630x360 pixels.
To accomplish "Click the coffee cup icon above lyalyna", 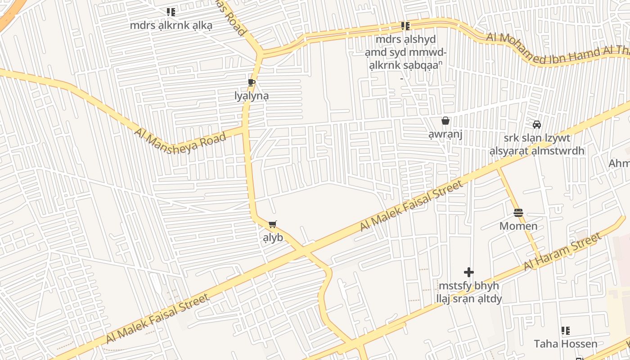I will pyautogui.click(x=251, y=82).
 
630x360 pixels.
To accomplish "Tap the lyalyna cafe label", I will pyautogui.click(x=252, y=96).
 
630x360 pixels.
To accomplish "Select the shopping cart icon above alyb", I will pyautogui.click(x=272, y=224).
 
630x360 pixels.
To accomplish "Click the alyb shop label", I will pyautogui.click(x=273, y=238).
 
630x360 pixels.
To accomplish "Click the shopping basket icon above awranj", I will pyautogui.click(x=445, y=121).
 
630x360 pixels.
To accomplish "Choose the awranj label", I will pyautogui.click(x=445, y=135).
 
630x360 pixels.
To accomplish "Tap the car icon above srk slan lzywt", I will pyautogui.click(x=537, y=124).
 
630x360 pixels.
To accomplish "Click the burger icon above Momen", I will pyautogui.click(x=518, y=212).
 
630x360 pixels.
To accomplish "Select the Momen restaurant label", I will pyautogui.click(x=518, y=226).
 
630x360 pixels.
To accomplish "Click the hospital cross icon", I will pyautogui.click(x=469, y=272).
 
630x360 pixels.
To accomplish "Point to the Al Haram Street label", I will pyautogui.click(x=562, y=252).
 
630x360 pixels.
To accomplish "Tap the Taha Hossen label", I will pyautogui.click(x=566, y=344).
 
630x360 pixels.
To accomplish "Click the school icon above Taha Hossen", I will pyautogui.click(x=566, y=331).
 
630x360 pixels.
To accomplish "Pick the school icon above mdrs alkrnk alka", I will pyautogui.click(x=171, y=12).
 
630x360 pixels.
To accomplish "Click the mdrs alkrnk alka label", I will pyautogui.click(x=171, y=25).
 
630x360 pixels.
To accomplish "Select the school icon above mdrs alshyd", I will pyautogui.click(x=406, y=26).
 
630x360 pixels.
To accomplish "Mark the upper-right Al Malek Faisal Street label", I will pyautogui.click(x=411, y=207).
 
